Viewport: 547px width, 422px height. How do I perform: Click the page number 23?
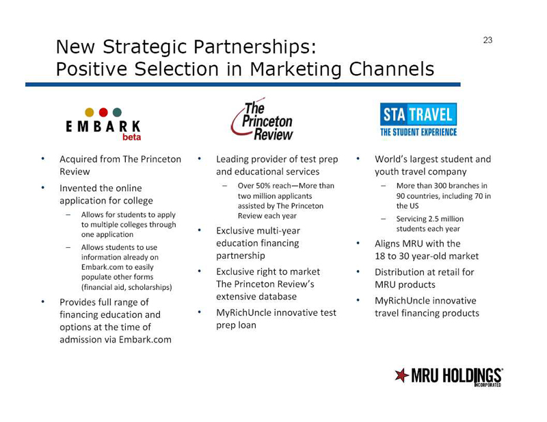click(x=488, y=40)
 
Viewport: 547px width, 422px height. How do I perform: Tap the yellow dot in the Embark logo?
click(x=90, y=112)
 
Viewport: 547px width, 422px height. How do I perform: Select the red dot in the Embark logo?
click(x=103, y=112)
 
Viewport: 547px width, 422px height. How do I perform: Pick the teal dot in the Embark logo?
click(x=117, y=112)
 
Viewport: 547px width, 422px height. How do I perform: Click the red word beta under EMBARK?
click(x=131, y=137)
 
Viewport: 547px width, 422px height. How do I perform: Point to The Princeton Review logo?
click(x=263, y=120)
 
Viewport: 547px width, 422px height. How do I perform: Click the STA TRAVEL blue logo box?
click(x=418, y=114)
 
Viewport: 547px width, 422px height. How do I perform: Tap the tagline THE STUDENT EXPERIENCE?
click(x=418, y=132)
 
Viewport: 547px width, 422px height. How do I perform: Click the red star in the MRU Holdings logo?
click(x=401, y=375)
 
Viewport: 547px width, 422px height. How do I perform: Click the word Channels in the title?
click(x=391, y=69)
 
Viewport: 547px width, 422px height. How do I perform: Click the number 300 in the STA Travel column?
click(x=440, y=186)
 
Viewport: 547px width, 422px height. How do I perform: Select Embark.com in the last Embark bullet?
click(x=145, y=340)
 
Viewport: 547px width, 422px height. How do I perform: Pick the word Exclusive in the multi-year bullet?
click(x=235, y=231)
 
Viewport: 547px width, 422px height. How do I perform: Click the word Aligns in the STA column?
click(x=386, y=243)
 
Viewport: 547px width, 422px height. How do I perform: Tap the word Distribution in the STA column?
click(x=399, y=272)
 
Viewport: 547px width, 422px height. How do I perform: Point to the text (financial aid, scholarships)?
click(x=126, y=287)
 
